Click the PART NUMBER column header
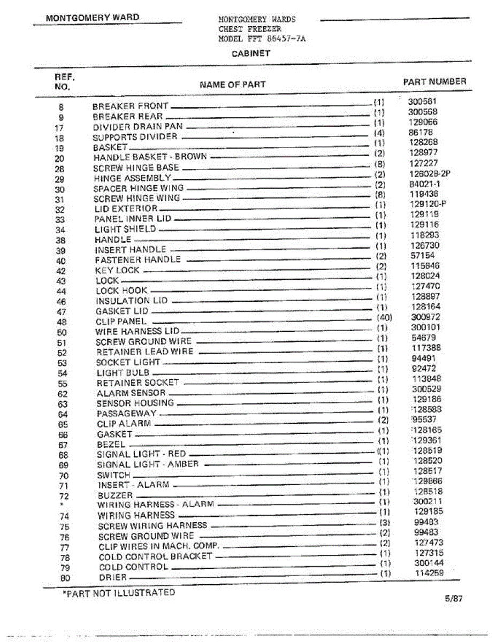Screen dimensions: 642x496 (434, 82)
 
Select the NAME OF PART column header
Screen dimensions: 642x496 (232, 85)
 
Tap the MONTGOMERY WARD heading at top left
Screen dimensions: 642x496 (93, 18)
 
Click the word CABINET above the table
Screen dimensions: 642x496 (250, 53)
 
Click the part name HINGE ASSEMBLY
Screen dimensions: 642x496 (132, 178)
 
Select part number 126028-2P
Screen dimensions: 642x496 (430, 174)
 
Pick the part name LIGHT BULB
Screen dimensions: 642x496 (123, 372)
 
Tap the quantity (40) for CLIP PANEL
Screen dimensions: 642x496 (384, 317)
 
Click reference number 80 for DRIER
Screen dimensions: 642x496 (65, 578)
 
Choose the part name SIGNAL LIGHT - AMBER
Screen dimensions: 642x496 (148, 464)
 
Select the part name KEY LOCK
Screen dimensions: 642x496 (117, 270)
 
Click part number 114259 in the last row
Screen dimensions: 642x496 (429, 574)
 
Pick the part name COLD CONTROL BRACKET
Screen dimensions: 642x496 (155, 556)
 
